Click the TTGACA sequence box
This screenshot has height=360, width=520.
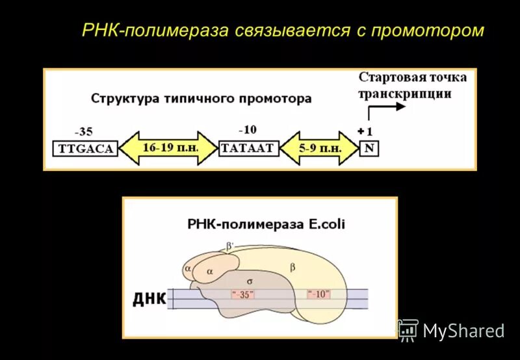(86, 148)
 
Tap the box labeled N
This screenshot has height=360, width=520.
(369, 148)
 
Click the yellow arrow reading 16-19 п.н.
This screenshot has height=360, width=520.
(168, 148)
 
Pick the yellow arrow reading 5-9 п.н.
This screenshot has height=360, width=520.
(320, 148)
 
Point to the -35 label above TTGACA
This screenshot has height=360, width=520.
(84, 131)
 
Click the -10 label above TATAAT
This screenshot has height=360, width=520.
(247, 130)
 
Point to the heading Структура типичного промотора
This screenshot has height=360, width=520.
(201, 99)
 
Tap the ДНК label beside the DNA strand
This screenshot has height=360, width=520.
(149, 300)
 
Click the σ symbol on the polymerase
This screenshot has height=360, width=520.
(249, 281)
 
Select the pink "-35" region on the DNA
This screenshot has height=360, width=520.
(242, 294)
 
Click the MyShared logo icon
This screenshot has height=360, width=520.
(408, 330)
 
